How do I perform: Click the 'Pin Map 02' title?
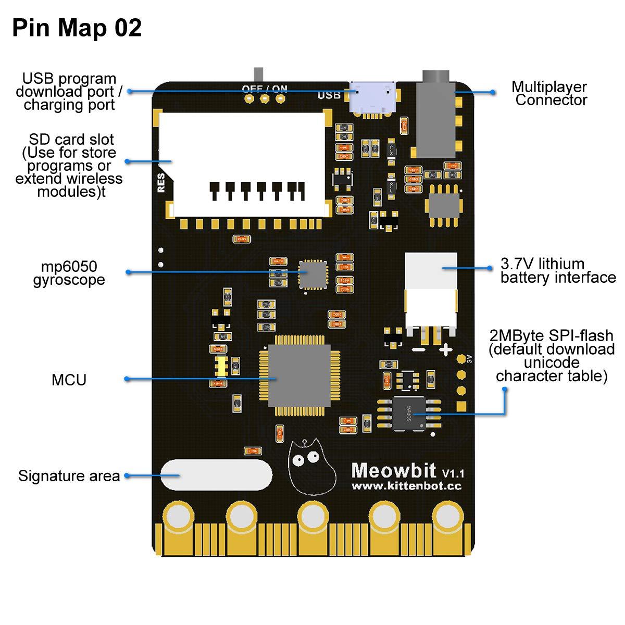coord(77,28)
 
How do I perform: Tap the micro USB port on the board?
coord(372,97)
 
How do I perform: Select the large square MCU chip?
coord(299,376)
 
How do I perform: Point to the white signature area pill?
coord(216,474)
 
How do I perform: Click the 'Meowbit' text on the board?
coord(394,470)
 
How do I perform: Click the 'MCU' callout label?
coord(69,380)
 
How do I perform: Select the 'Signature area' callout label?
coord(69,476)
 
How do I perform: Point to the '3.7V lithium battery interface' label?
coord(558,271)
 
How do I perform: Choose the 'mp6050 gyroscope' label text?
coord(69,273)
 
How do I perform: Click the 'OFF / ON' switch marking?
coord(265,89)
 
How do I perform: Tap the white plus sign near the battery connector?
coord(445,349)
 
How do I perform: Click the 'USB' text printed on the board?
coord(329,95)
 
